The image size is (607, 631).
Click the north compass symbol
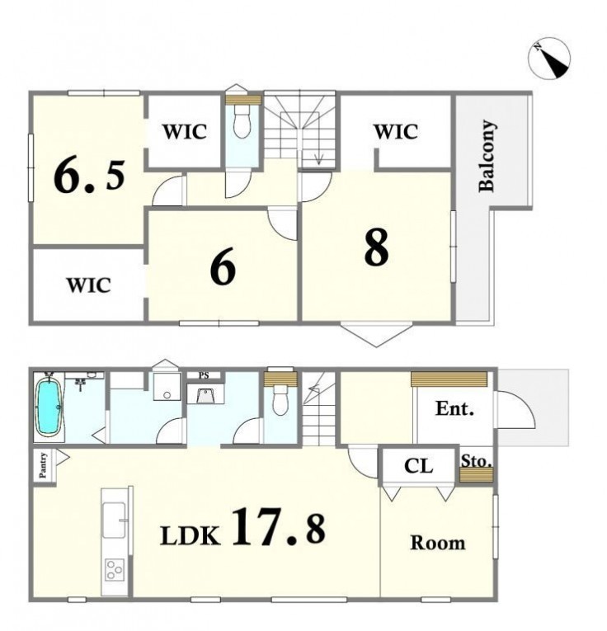pos(549,58)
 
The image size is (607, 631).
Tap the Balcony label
pos(488,155)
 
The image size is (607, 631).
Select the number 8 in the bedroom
pos(377,247)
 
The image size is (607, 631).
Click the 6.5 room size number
pos(89,176)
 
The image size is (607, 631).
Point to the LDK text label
pos(191,535)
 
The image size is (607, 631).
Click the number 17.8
pos(279,526)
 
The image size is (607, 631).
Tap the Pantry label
pos(43,465)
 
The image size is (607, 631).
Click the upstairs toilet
pos(242,121)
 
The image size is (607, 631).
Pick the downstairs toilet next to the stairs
pos(280,399)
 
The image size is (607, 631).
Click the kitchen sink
pos(114,520)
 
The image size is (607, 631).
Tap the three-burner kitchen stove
pos(115,569)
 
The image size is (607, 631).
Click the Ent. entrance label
pos(454,408)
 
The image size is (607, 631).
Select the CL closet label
pos(418,466)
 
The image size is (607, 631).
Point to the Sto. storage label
pos(476,461)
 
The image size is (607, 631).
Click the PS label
pos(204,376)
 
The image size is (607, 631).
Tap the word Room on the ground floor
pos(438,543)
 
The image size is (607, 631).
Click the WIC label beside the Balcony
pos(396,132)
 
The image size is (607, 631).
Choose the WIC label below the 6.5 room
pos(88,285)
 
